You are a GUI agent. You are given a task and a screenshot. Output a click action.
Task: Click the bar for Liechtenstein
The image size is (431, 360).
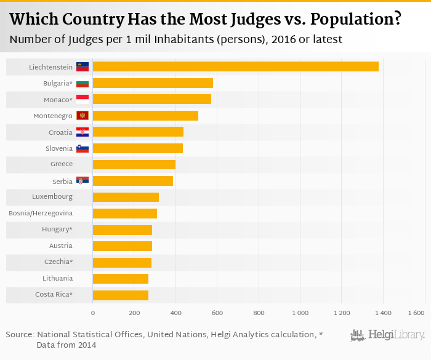235,66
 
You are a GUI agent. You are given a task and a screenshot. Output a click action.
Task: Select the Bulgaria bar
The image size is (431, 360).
153,83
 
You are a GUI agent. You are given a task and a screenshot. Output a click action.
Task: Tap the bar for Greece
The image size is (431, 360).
134,164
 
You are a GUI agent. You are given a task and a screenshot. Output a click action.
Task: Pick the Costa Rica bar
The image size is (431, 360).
121,295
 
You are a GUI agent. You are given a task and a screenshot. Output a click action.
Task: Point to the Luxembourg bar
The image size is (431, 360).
126,197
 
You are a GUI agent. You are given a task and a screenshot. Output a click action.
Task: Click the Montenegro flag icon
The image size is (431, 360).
83,116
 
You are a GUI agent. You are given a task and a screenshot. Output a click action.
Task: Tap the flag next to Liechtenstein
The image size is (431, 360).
83,66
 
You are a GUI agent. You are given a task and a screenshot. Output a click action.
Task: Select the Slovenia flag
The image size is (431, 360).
83,148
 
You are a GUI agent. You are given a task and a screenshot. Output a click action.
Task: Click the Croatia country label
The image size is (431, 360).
60,132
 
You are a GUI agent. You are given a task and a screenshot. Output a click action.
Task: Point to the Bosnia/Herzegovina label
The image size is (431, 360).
41,213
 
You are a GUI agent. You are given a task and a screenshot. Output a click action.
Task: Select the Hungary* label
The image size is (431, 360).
58,230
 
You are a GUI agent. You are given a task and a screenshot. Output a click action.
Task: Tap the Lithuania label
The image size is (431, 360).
57,278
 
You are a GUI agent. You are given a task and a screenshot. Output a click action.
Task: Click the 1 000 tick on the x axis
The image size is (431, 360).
300,313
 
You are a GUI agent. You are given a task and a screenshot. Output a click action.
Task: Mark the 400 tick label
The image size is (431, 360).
175,313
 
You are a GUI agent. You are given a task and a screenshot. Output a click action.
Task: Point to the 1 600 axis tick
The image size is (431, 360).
416,313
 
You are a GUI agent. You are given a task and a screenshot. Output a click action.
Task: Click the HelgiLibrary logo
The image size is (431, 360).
387,335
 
